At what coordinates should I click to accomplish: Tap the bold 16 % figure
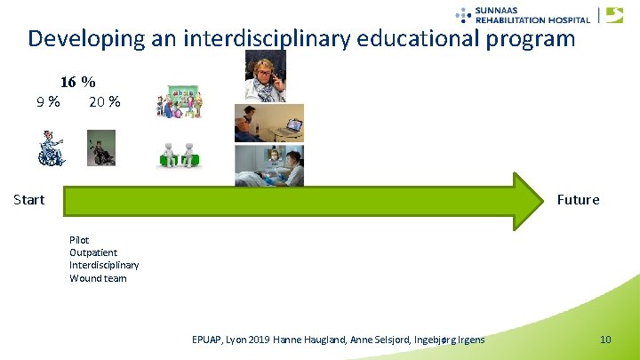(x=77, y=82)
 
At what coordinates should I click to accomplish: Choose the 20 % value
(x=104, y=101)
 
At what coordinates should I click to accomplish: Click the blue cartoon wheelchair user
(x=52, y=148)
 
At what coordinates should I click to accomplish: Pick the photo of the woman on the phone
(x=265, y=76)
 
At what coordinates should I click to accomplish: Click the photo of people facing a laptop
(x=268, y=123)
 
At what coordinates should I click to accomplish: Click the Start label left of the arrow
(x=29, y=199)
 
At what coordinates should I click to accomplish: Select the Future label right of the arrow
(x=578, y=199)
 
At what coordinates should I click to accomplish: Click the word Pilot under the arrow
(x=79, y=240)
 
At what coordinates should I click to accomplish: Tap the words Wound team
(x=98, y=278)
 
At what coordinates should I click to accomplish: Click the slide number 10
(x=605, y=340)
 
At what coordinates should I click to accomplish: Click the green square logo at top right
(x=614, y=15)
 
